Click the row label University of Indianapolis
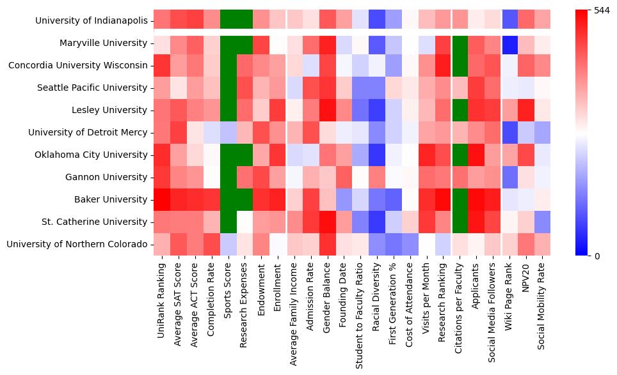click(x=92, y=20)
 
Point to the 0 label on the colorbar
click(x=597, y=256)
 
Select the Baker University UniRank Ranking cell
click(x=162, y=199)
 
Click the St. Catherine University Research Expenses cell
click(x=245, y=222)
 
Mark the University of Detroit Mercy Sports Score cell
click(x=228, y=132)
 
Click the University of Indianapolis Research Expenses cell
click(x=245, y=20)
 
